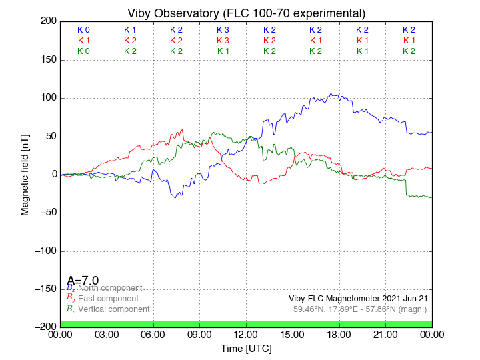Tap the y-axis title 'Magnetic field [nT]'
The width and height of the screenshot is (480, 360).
[x=25, y=173]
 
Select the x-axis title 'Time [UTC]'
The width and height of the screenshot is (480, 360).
[x=246, y=348]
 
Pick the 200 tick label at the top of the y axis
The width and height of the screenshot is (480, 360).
[x=47, y=21]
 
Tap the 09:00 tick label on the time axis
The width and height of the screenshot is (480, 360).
[x=199, y=334]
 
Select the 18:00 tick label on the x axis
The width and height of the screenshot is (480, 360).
[x=339, y=334]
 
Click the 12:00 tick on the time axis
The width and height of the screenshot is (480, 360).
[x=246, y=334]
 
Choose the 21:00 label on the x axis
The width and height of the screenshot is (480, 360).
[x=386, y=334]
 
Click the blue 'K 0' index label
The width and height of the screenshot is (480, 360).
[x=83, y=30]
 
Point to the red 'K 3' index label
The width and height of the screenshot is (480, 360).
[x=223, y=41]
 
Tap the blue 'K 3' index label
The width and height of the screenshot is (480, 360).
[x=223, y=30]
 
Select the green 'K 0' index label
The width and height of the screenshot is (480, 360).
[x=83, y=51]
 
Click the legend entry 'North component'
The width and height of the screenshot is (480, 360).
[x=109, y=287]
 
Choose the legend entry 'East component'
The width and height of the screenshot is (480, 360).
[x=108, y=298]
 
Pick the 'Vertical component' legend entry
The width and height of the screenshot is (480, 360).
[x=113, y=309]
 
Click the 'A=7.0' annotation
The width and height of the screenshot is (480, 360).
[x=83, y=280]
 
